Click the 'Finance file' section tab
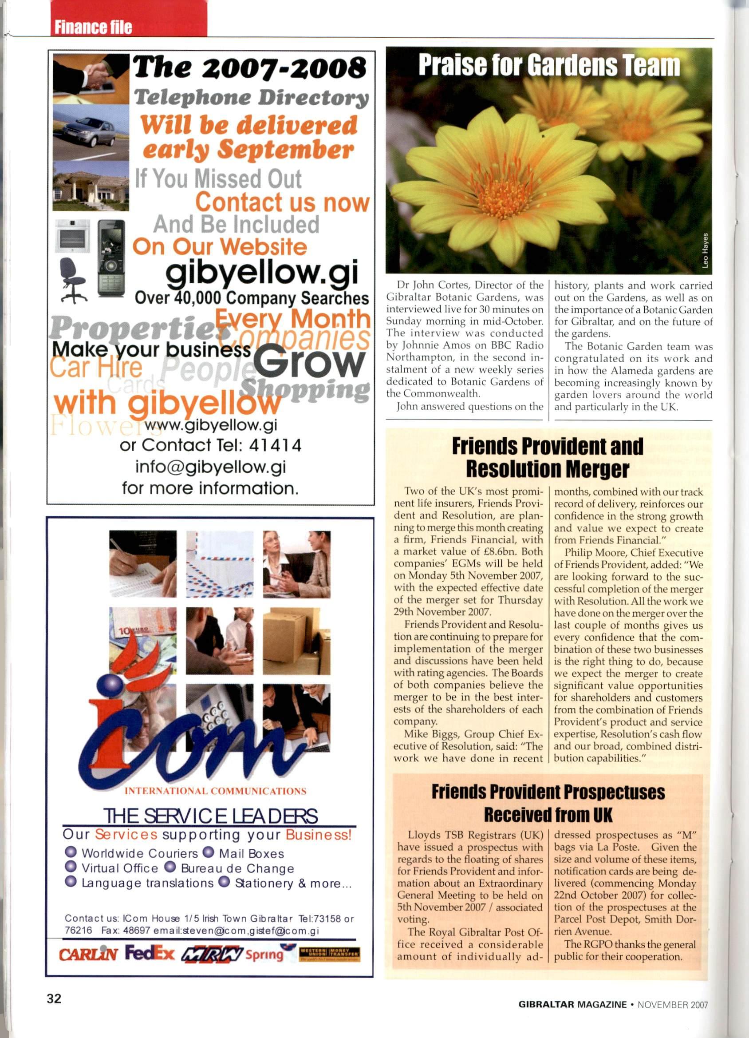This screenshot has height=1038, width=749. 93,27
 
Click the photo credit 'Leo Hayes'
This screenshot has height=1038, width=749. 706,250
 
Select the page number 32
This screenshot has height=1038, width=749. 54,998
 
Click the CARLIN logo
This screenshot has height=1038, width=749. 88,954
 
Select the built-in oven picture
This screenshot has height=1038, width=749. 72,235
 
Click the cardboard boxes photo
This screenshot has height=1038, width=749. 296,641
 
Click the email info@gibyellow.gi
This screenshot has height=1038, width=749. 210,467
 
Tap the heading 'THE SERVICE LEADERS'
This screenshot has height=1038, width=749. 210,816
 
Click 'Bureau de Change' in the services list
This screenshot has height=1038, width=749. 237,868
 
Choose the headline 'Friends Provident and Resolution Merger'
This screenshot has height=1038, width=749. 548,457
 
